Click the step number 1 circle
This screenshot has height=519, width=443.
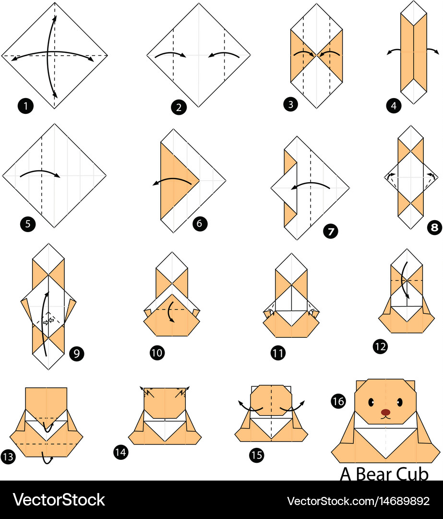click(x=25, y=106)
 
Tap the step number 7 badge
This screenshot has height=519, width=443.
click(x=331, y=231)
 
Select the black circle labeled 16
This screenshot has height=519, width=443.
click(x=338, y=401)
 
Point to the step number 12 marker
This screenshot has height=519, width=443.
click(x=380, y=346)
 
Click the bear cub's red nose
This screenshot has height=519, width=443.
click(x=385, y=412)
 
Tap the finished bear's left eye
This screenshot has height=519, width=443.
click(x=371, y=403)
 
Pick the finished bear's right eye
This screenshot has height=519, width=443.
click(x=400, y=403)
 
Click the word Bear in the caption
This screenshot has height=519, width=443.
click(x=373, y=474)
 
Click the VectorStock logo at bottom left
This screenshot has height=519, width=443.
click(x=59, y=499)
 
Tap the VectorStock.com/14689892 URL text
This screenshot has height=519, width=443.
click(x=358, y=501)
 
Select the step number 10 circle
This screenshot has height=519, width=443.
click(x=157, y=353)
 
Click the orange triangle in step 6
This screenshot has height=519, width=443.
click(x=175, y=181)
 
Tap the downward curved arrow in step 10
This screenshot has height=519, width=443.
click(x=170, y=312)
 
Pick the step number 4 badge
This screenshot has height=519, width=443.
click(x=394, y=106)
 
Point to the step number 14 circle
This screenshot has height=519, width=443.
click(x=120, y=452)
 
